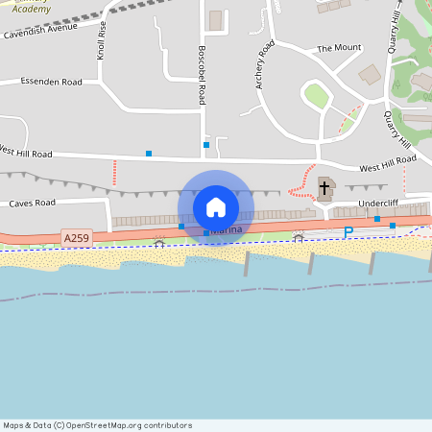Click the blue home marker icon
(216, 206)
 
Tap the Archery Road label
(265, 64)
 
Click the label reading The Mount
(339, 47)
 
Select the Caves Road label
(33, 204)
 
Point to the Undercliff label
(377, 204)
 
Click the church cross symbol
(324, 187)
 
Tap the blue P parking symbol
(348, 232)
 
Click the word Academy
(23, 5)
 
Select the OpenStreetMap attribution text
(97, 424)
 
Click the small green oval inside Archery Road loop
(316, 95)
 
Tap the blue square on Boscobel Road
(206, 145)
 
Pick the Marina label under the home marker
(227, 230)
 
